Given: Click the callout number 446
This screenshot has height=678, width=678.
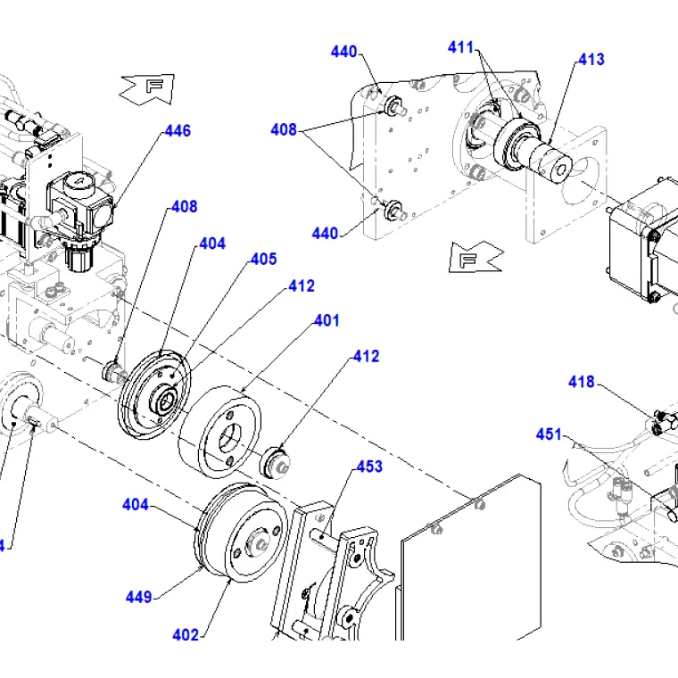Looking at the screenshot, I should click(178, 131).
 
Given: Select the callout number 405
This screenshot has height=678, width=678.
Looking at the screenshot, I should click(263, 260).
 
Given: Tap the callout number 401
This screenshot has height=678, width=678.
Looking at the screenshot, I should click(327, 320).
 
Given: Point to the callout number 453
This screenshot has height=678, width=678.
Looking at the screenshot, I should click(369, 467).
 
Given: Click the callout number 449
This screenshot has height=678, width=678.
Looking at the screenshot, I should click(138, 597).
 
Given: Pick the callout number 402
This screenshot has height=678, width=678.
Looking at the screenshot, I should click(186, 635).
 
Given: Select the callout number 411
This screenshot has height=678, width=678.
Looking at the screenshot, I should click(461, 48).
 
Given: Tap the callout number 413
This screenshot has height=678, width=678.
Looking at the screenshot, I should click(591, 60).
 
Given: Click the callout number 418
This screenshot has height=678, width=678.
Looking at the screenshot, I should click(581, 382).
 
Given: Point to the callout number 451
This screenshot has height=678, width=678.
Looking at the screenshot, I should click(549, 434).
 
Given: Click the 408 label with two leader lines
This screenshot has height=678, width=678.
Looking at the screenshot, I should click(284, 130).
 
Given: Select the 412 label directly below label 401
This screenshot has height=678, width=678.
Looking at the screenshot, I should click(366, 356).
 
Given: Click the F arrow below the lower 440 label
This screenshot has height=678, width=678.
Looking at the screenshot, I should click(472, 259).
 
